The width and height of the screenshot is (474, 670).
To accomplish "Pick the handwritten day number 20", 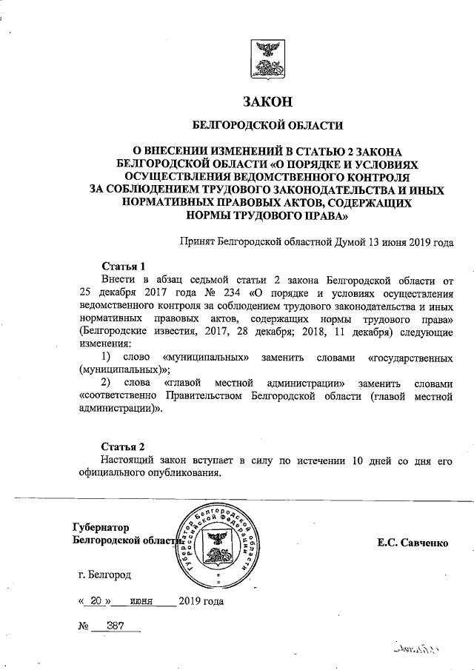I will (100, 602).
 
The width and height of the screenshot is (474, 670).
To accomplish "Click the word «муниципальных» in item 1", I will (204, 358).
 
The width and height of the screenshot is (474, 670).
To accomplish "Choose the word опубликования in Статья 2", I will (184, 475).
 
